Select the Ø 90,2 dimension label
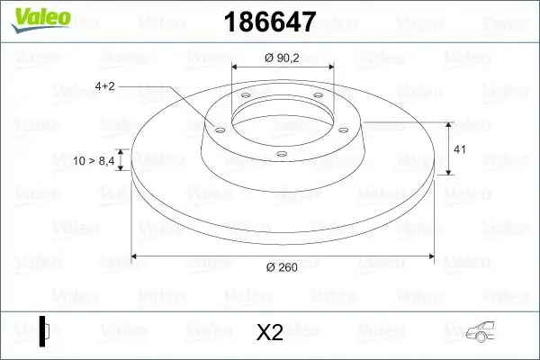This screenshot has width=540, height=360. coord(283,57)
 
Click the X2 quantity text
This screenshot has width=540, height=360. coord(270,333)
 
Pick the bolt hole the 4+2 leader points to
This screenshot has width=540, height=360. coord(217,129)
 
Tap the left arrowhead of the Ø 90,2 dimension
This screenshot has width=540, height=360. coord(236,67)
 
